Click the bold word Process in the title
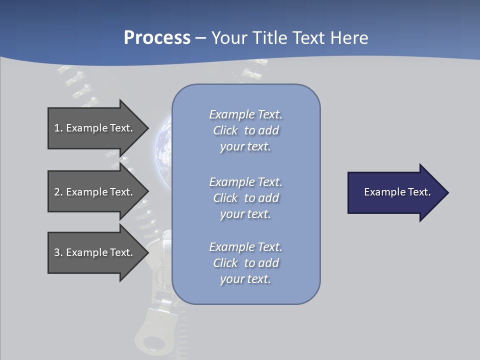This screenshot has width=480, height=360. pos(157,38)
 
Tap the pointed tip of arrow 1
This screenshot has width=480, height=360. pos(146,128)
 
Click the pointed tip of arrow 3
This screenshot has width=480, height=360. pos(146,252)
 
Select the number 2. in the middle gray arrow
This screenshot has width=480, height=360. pos(58,192)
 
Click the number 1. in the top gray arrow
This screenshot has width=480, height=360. pos(58,128)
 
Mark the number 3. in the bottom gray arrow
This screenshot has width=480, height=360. pos(58,252)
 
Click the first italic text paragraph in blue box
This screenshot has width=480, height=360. pos(245,130)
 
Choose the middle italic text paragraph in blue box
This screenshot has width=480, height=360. pos(245,198)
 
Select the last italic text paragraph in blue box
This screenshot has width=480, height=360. pos(245,263)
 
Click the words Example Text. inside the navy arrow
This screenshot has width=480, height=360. pos(397,192)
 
